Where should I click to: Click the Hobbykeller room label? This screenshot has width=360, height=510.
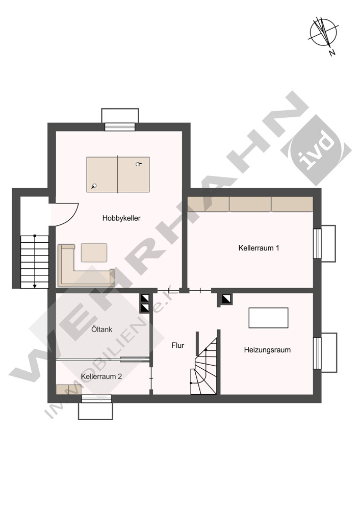click(121, 218)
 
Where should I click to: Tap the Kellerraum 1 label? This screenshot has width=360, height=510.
click(259, 248)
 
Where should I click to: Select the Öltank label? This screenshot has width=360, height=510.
click(102, 329)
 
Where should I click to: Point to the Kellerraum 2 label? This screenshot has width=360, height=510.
click(101, 376)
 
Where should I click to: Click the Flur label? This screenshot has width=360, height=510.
click(177, 345)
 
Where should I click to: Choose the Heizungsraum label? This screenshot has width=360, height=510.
click(267, 350)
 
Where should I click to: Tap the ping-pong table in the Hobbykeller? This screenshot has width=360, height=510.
click(118, 174)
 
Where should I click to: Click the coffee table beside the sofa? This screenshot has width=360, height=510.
click(94, 253)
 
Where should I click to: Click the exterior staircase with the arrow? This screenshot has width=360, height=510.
click(35, 262)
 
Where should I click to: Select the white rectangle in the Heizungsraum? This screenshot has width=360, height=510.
click(268, 318)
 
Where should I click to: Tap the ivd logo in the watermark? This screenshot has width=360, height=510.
click(316, 150)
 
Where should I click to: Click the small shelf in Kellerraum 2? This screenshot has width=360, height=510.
click(69, 389)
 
